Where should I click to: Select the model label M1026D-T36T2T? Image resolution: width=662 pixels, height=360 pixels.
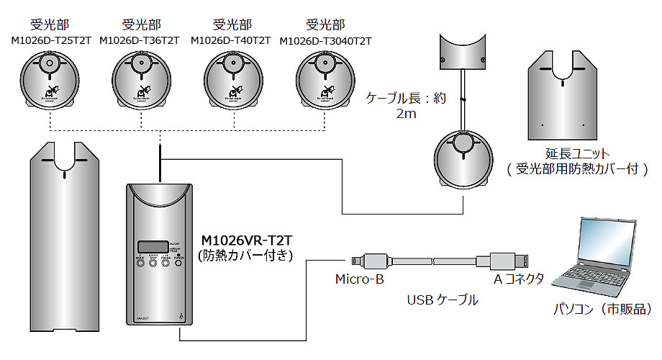[141, 40]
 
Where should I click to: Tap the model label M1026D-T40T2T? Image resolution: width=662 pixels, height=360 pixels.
[231, 40]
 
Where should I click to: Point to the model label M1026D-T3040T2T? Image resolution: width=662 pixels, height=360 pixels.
[325, 40]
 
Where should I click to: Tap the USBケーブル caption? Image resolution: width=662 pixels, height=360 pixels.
[443, 300]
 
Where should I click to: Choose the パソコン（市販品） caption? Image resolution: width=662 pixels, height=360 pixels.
[602, 309]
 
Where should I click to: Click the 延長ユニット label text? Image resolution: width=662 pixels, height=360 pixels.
[578, 154]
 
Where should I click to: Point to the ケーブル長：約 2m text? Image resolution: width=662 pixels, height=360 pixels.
[406, 105]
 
